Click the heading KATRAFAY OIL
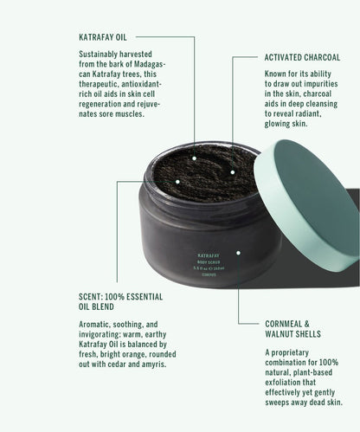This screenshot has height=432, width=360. click(x=103, y=37)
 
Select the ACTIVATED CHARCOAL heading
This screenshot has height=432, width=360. click(x=302, y=57)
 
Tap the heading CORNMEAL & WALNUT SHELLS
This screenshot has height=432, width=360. click(x=292, y=329)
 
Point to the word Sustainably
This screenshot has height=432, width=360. click(x=98, y=55)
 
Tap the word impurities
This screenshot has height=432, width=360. click(x=320, y=84)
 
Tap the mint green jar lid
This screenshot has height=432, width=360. click(x=307, y=205)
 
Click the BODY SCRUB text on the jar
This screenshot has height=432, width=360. click(x=209, y=262)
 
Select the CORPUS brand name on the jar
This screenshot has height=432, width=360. click(x=209, y=274)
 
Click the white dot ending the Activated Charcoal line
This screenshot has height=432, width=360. click(x=233, y=172)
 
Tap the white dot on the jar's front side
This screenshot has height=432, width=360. click(x=238, y=253)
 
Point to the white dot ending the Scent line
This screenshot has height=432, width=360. click(x=177, y=182)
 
